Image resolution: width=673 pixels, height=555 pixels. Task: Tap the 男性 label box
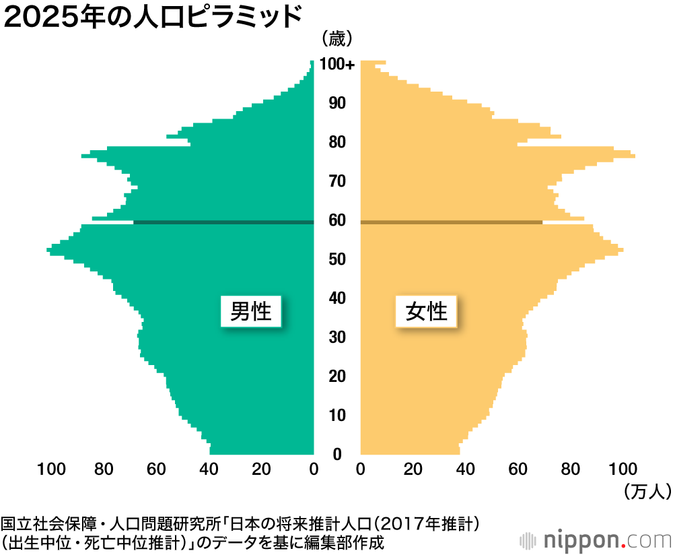250,311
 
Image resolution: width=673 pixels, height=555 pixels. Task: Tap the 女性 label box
427,311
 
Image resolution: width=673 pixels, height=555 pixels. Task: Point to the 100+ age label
337,65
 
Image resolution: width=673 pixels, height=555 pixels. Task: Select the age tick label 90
337,103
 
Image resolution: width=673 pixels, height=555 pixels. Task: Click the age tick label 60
337,221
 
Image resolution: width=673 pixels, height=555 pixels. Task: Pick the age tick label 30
337,337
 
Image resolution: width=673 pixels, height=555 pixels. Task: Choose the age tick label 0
337,454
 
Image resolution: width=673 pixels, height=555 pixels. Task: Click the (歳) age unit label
337,39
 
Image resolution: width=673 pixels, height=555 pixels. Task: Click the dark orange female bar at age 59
451,222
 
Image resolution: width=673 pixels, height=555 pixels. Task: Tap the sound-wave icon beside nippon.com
529,540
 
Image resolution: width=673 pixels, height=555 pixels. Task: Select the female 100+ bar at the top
373,63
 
